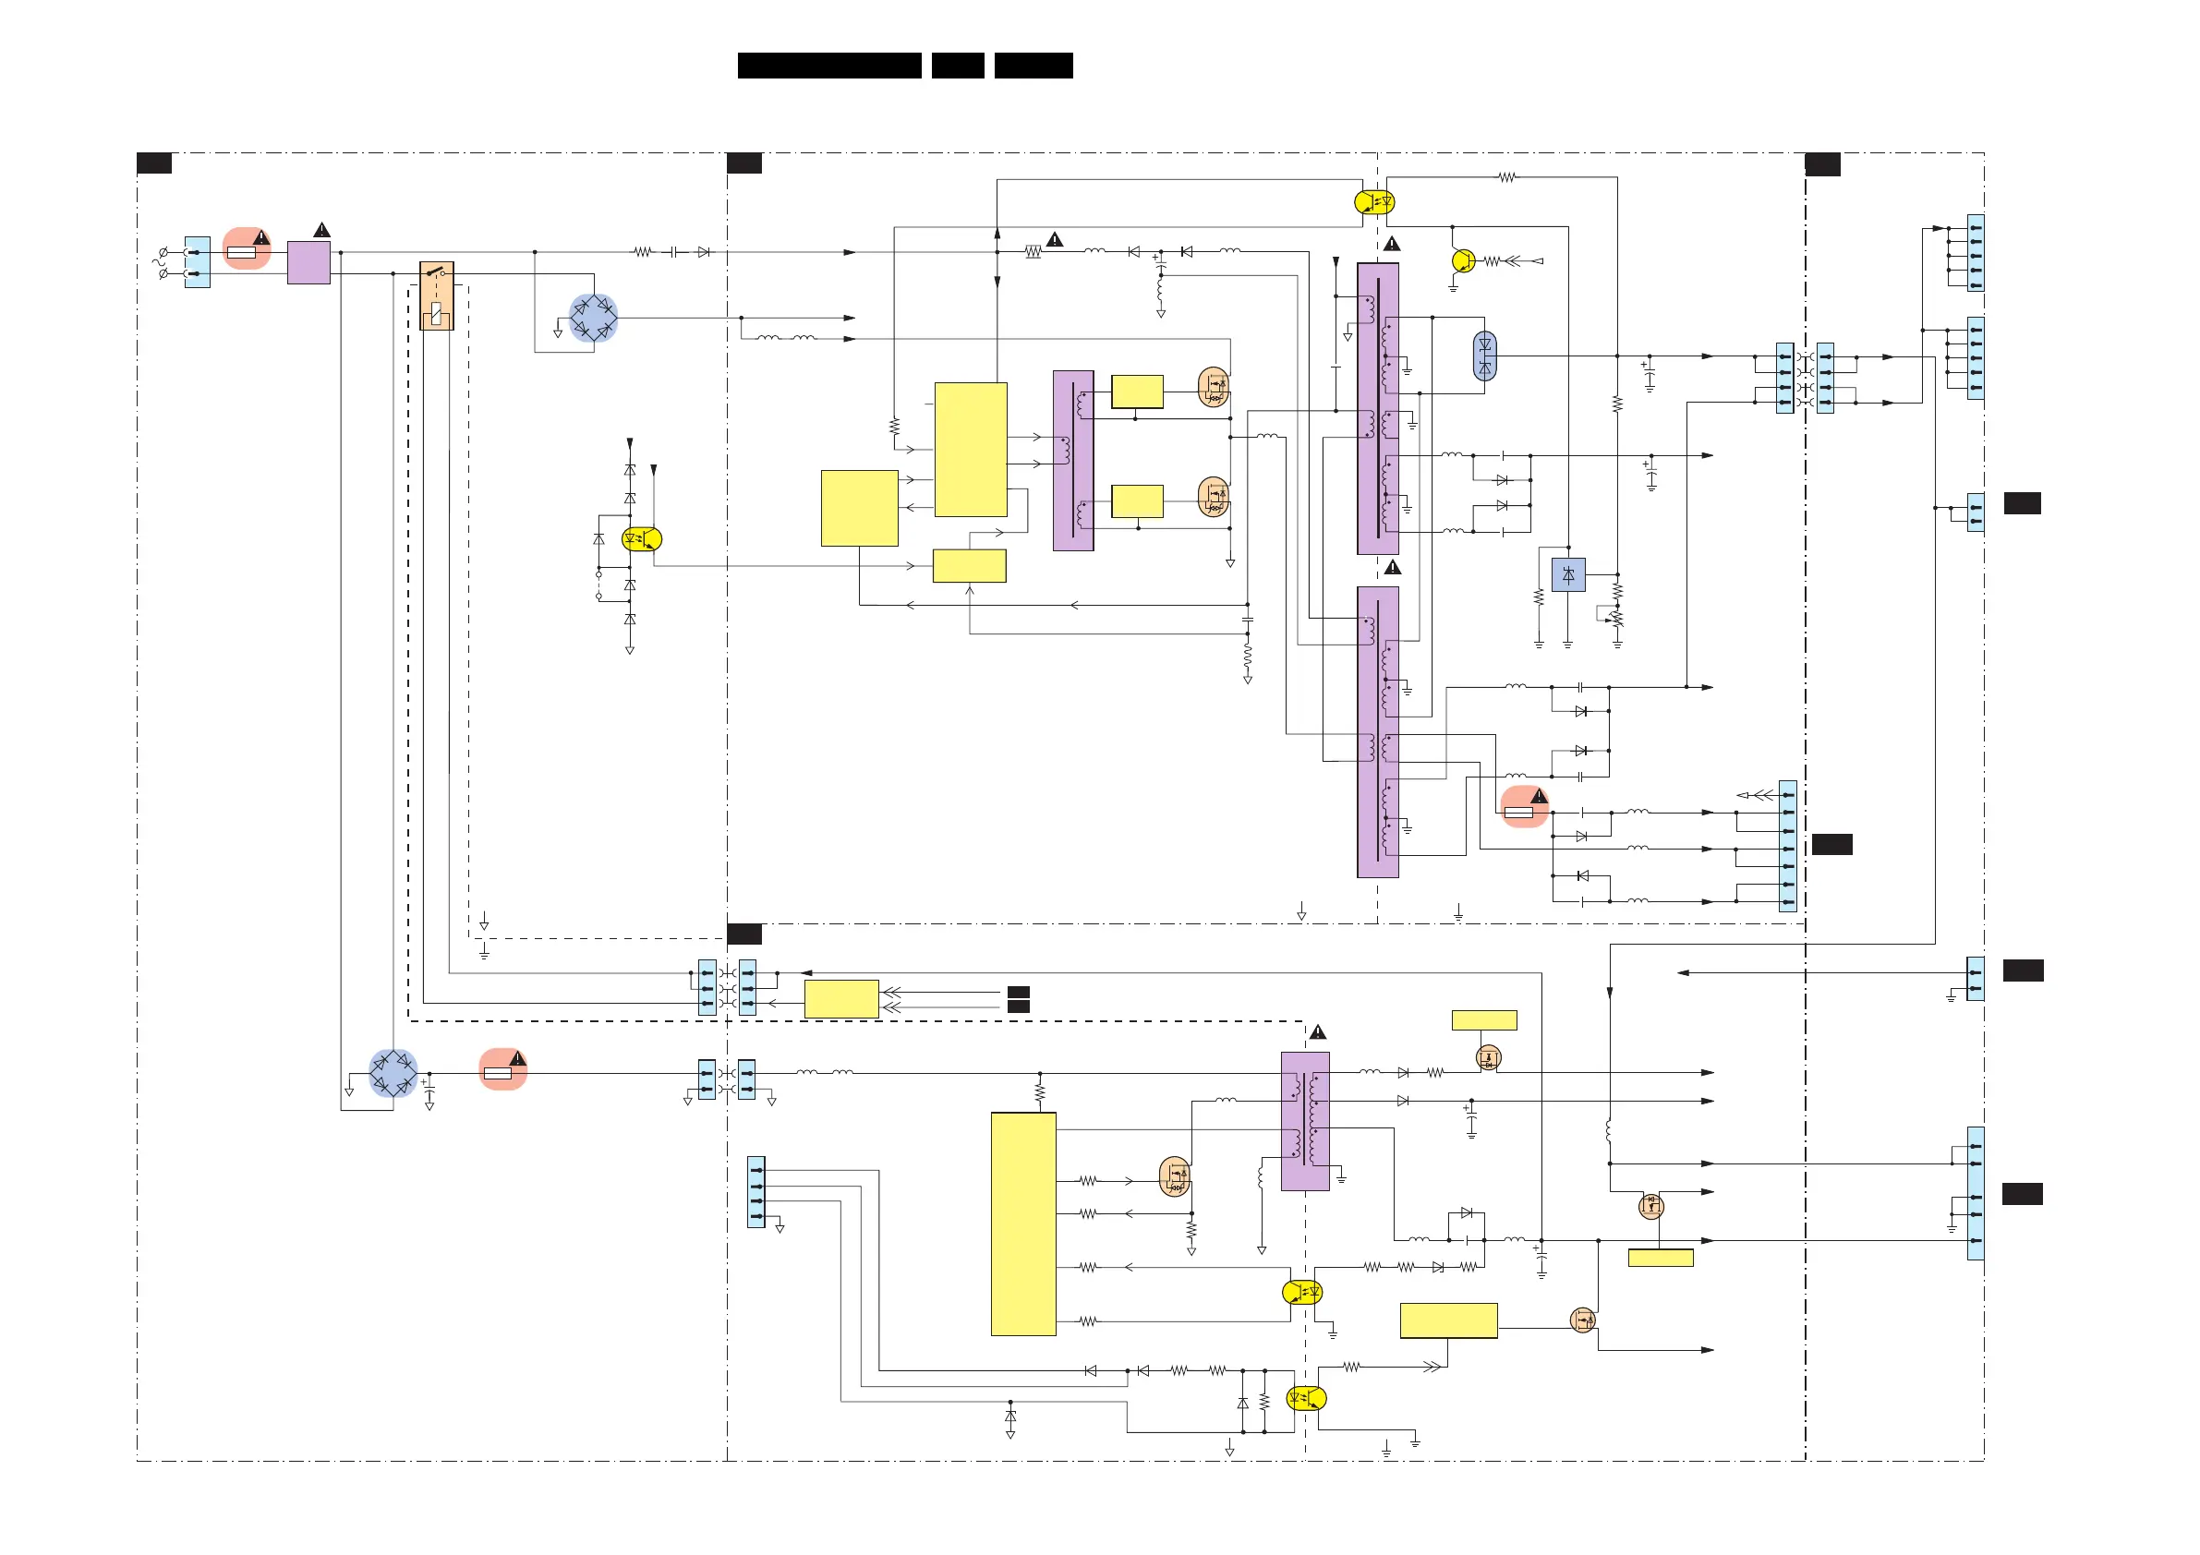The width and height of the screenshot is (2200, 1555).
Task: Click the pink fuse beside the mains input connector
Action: (x=246, y=249)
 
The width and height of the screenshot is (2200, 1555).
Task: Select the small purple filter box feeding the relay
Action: (x=308, y=262)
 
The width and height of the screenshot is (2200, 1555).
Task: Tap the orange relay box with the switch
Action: (x=437, y=295)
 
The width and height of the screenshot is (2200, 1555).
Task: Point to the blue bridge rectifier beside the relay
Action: (x=593, y=318)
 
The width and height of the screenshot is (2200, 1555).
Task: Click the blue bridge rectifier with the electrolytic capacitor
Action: (x=393, y=1073)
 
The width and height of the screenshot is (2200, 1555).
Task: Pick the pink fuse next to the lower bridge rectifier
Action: (x=502, y=1070)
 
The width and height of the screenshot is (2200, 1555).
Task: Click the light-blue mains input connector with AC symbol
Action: (x=198, y=262)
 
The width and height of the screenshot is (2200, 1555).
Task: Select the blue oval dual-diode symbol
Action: (x=1484, y=356)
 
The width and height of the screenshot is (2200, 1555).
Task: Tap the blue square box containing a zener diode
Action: (x=1567, y=575)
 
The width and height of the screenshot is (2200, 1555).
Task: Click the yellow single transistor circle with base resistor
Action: (x=1463, y=259)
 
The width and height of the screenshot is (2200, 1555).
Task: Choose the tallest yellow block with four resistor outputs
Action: (x=1023, y=1224)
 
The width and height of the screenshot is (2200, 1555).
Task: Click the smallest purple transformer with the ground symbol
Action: (x=1305, y=1121)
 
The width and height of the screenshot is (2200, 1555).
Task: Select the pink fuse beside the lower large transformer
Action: (x=1524, y=808)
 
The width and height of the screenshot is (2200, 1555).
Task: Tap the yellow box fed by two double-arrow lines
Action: (x=841, y=998)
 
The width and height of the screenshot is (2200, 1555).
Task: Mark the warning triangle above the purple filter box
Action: (x=322, y=230)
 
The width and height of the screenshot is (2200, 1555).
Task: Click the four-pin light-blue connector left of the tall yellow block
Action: (x=756, y=1193)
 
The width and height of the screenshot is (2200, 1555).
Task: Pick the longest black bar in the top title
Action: (x=828, y=66)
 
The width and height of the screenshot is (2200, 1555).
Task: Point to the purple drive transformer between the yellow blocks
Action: (x=1073, y=461)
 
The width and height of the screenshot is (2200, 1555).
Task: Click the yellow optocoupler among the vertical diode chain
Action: (x=641, y=539)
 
